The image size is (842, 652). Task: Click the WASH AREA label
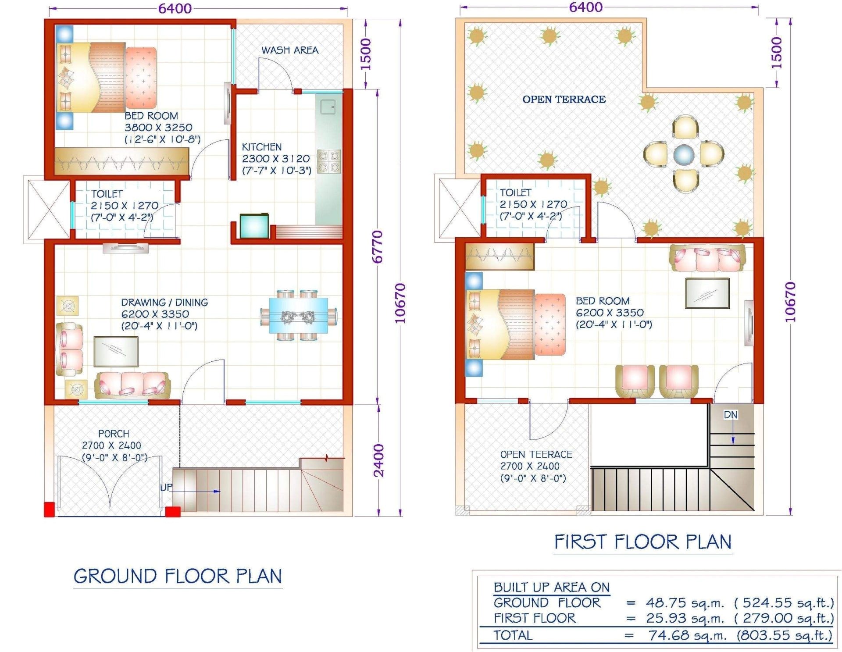tap(290, 50)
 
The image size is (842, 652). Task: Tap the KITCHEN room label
tap(262, 147)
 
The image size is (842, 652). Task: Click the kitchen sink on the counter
tap(328, 107)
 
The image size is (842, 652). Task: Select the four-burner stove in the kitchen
tap(329, 161)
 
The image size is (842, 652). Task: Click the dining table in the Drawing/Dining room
tap(298, 315)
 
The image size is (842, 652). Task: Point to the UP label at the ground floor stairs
tap(166, 487)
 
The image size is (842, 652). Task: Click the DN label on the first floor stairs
tap(730, 415)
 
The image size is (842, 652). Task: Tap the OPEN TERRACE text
tap(564, 100)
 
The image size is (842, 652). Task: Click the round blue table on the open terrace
tap(684, 154)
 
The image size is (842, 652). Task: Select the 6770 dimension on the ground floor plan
tap(378, 247)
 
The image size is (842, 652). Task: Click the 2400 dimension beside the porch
tap(378, 460)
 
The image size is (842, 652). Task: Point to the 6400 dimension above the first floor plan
tap(585, 7)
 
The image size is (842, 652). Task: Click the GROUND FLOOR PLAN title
tap(178, 576)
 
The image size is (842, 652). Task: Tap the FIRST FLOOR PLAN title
tap(643, 542)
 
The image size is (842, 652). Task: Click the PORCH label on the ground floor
tap(114, 434)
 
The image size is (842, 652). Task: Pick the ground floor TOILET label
tap(107, 194)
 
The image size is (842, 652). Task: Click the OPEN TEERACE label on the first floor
tap(536, 454)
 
